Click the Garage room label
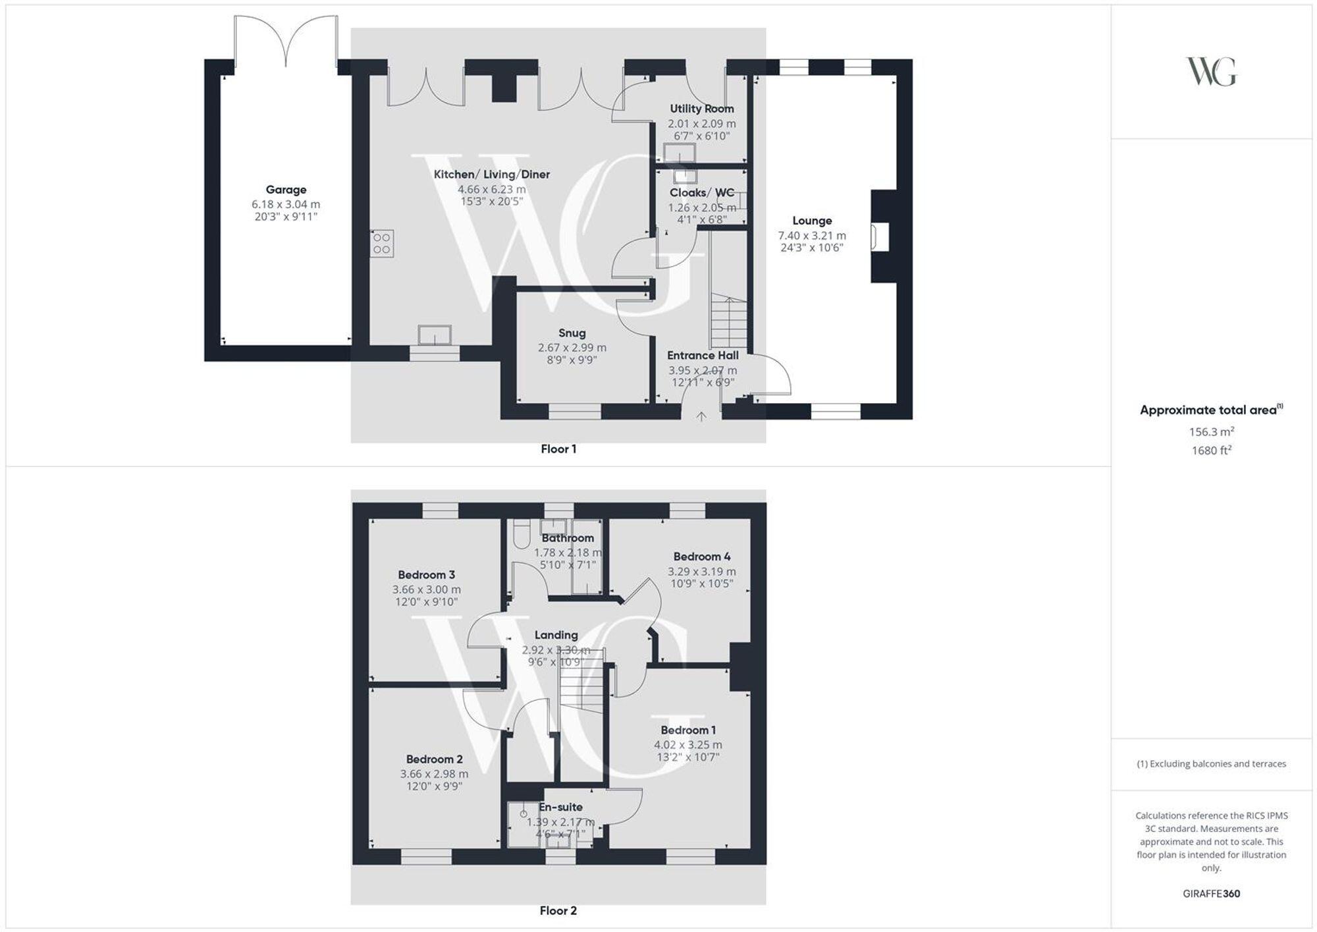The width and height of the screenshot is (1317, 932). point(286,190)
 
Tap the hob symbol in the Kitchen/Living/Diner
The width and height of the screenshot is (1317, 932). point(382,243)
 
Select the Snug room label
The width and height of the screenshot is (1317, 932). point(572,333)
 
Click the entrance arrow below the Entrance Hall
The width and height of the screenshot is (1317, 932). point(701,416)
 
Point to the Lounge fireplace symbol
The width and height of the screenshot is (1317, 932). point(880,237)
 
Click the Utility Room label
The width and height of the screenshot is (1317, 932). point(701,109)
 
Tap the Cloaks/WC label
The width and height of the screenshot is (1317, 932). point(701,193)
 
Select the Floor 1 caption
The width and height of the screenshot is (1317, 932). point(558,449)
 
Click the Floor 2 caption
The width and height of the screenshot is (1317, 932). point(558,911)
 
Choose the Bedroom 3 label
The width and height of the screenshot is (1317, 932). point(426,575)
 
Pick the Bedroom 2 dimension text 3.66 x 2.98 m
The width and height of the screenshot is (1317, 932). point(434,774)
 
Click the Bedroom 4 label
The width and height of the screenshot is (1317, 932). point(701,557)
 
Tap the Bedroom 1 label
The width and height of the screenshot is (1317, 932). point(688,730)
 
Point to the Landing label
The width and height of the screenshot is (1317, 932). point(556,635)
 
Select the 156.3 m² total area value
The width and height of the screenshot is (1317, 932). point(1211,432)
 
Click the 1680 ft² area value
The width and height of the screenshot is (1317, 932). point(1211,451)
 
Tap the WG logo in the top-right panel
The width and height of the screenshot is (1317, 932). point(1211,71)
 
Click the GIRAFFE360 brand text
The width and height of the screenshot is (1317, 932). point(1211,894)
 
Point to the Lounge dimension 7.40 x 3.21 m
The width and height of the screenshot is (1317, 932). point(812,235)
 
